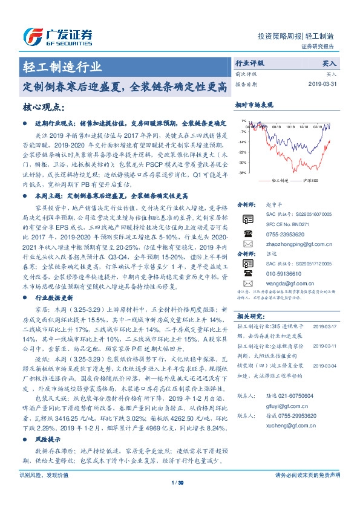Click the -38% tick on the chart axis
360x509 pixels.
pyautogui.click(x=243, y=173)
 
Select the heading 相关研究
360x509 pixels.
pyautogui.click(x=249, y=316)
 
